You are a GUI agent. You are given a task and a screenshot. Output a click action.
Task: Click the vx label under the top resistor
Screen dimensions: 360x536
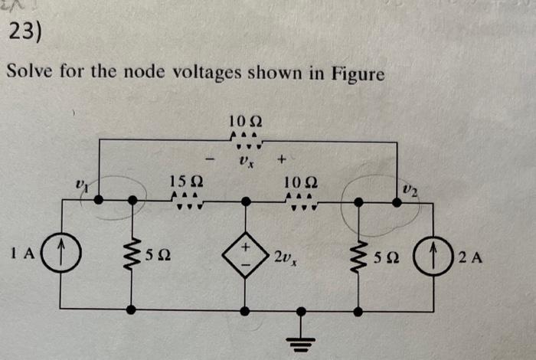click(246, 162)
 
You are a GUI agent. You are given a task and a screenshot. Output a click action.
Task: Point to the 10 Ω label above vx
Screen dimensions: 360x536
click(247, 121)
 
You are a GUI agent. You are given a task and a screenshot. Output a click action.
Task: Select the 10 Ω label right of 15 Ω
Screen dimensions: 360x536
click(301, 182)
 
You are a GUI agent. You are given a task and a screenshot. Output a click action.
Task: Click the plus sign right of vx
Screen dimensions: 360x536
click(283, 162)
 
